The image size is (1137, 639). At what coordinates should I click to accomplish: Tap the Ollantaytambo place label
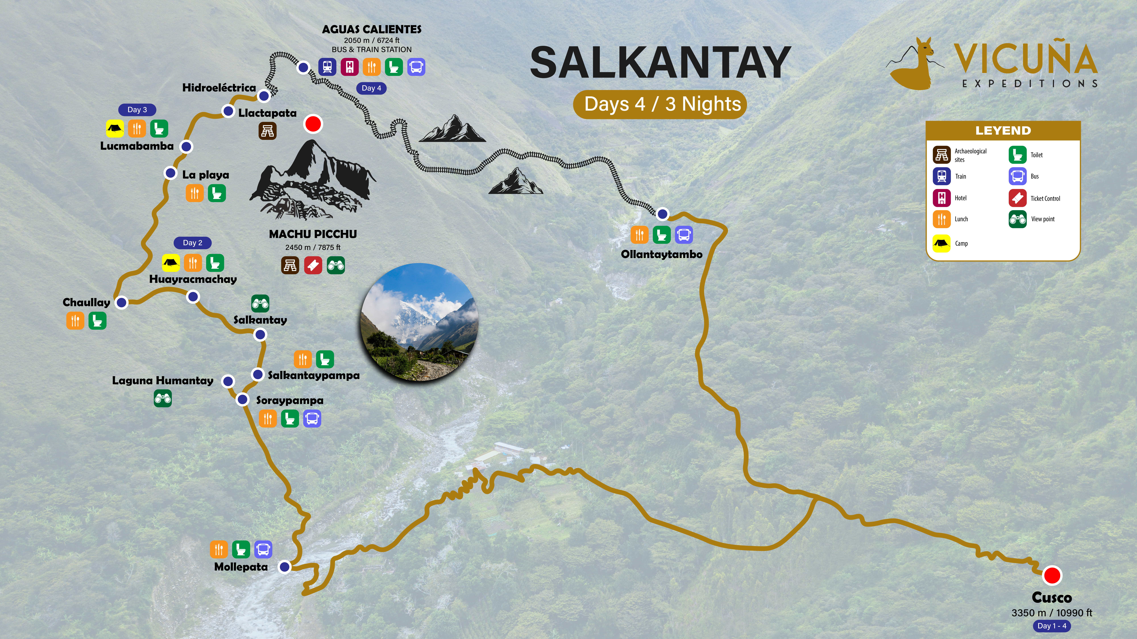(x=661, y=254)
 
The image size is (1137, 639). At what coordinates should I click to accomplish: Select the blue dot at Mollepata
(x=285, y=567)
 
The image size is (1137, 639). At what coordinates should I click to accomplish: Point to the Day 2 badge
(x=192, y=243)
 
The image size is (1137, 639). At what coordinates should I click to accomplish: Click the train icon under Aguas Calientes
(x=327, y=67)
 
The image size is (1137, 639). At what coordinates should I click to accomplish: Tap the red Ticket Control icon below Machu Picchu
(x=313, y=266)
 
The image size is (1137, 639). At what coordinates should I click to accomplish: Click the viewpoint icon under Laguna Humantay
(x=162, y=399)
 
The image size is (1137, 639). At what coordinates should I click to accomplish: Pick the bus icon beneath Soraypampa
(x=312, y=418)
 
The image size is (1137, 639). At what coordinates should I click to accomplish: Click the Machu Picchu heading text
(x=313, y=234)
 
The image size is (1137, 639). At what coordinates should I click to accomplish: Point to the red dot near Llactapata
(x=313, y=124)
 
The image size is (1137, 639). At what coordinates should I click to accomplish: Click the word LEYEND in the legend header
(x=1003, y=130)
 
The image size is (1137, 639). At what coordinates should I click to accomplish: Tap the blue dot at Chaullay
(x=121, y=302)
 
